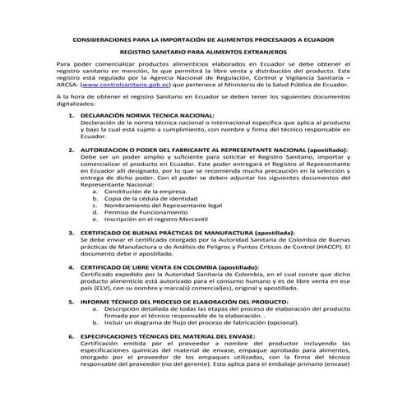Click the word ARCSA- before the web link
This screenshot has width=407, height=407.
pyautogui.click(x=69, y=84)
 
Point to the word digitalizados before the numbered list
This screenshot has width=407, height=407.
pyautogui.click(x=76, y=104)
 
